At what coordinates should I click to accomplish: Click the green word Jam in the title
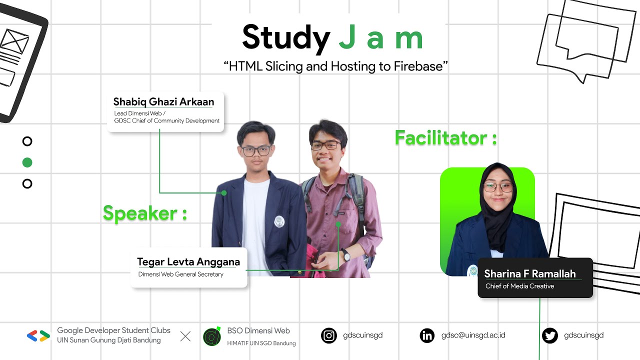pos(381,38)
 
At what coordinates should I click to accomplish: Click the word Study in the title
pos(285,38)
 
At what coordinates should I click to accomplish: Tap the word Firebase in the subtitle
pos(420,66)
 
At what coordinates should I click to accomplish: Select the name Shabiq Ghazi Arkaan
pos(163,102)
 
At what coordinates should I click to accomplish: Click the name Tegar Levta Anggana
pos(188,262)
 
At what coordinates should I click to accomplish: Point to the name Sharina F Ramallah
pos(530,273)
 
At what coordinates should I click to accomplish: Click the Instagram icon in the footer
pos(329,335)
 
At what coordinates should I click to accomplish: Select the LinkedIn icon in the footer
pos(427,335)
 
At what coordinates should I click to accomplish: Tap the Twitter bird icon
pos(550,335)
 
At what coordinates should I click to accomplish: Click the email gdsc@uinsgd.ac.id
pos(473,335)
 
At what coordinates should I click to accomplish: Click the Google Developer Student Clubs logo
pos(38,336)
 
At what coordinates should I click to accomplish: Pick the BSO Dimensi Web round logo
pos(212,336)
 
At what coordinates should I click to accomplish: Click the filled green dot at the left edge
pos(27,162)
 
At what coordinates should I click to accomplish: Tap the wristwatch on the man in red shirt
pos(345,255)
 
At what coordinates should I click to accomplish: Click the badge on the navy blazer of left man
pos(279,221)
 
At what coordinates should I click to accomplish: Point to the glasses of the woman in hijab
pos(497,188)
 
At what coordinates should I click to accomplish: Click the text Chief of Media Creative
pos(519,286)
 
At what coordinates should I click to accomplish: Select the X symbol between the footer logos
pos(185,336)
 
